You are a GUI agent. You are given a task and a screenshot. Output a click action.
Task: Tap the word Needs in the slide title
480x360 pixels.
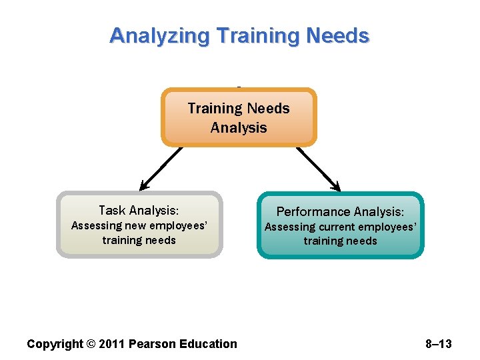pyautogui.click(x=339, y=35)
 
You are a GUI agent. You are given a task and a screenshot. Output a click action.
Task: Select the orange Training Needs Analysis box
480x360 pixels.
pyautogui.click(x=239, y=117)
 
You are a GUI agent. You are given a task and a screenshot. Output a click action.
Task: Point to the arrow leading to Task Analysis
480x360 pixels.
pyautogui.click(x=159, y=169)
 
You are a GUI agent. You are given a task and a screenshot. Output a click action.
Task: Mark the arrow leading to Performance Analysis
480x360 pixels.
pyautogui.click(x=319, y=169)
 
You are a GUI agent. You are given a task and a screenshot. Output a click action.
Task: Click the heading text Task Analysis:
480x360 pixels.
pyautogui.click(x=139, y=210)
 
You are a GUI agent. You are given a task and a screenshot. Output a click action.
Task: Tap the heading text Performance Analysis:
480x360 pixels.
pyautogui.click(x=340, y=211)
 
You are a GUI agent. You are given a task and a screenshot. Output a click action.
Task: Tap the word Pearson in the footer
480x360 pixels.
pyautogui.click(x=151, y=344)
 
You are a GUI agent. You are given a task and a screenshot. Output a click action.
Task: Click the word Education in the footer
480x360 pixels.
pyautogui.click(x=206, y=344)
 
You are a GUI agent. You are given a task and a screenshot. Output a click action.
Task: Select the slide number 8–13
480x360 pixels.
pyautogui.click(x=438, y=344)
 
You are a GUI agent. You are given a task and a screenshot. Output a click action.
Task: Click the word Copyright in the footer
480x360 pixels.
pyautogui.click(x=55, y=344)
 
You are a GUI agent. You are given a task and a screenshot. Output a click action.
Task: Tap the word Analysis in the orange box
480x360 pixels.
pyautogui.click(x=239, y=127)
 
